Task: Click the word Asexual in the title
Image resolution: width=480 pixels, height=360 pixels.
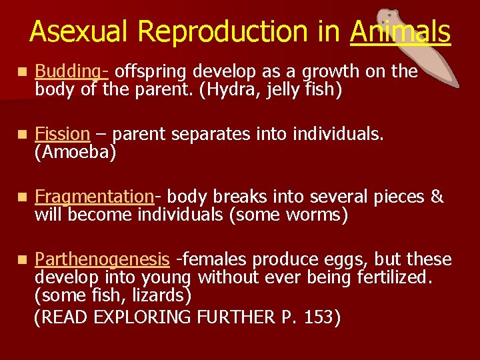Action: [x=73, y=32]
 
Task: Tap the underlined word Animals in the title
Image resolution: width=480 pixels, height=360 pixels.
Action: [x=400, y=32]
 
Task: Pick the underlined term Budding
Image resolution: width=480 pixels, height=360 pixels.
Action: [x=70, y=71]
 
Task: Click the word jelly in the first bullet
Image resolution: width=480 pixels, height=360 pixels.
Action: [x=272, y=89]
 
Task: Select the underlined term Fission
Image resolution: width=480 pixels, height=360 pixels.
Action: [x=61, y=134]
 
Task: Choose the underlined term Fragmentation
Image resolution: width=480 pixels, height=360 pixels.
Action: [x=94, y=197]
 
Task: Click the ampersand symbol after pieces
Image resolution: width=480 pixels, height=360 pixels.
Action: [x=437, y=197]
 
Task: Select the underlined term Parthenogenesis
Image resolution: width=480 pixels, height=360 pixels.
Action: [x=102, y=259]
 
